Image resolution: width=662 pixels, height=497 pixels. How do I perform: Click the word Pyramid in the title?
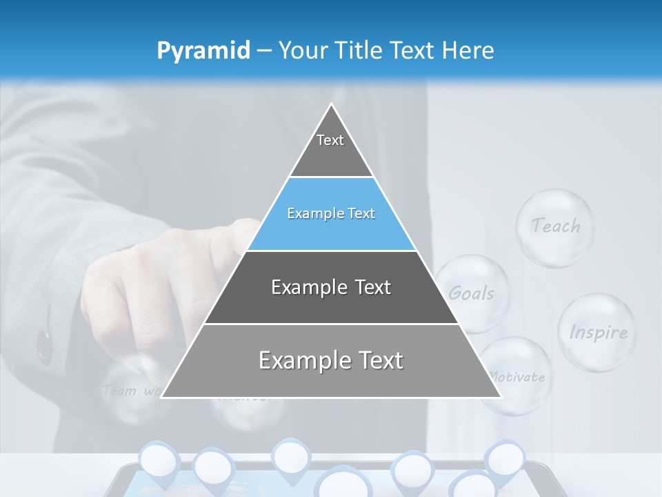point(203,51)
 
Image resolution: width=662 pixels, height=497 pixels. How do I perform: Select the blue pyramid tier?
point(331,214)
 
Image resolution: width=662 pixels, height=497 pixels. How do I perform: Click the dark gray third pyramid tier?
point(331,287)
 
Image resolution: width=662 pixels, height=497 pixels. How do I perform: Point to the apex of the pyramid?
point(331,105)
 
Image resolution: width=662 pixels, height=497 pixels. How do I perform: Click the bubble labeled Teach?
point(555,226)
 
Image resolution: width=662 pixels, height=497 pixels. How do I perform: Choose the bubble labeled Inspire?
point(597,332)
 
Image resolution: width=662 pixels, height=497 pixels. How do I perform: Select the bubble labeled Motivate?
point(516,376)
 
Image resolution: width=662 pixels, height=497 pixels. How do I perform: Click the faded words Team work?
point(131,391)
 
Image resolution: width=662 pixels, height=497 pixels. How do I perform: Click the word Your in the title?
point(301,50)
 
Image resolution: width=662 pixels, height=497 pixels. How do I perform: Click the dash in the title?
point(263,51)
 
